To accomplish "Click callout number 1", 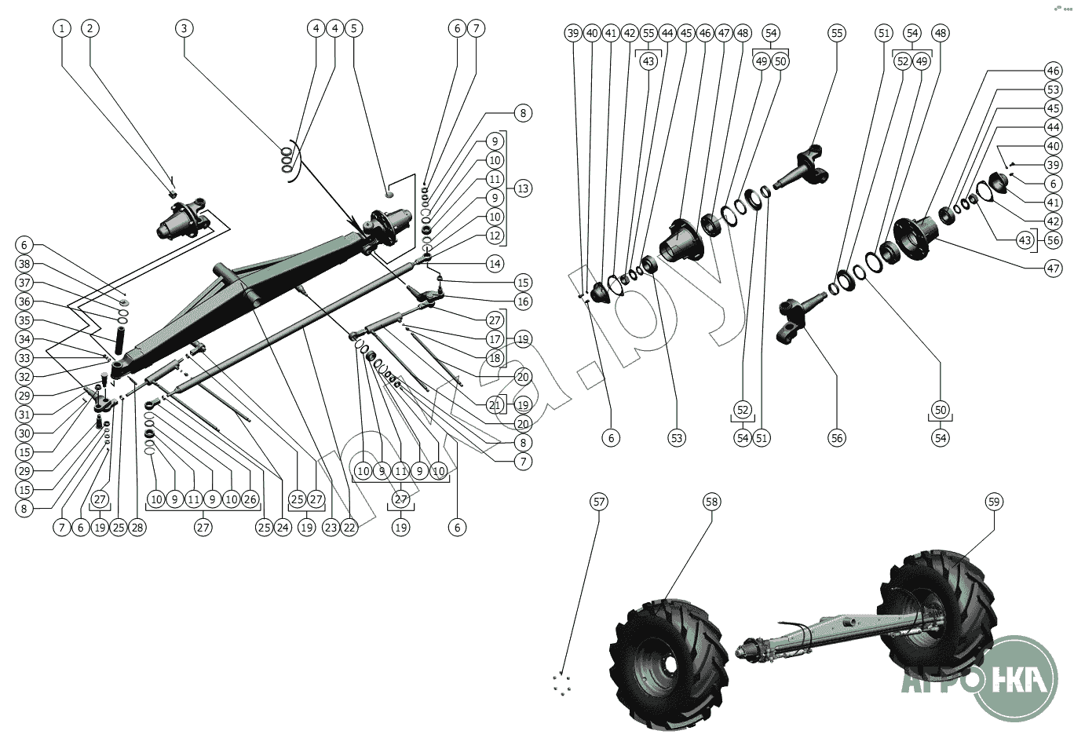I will click(x=62, y=28).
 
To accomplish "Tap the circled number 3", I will click(x=184, y=28).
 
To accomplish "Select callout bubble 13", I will click(x=523, y=188).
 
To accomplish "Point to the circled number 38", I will click(x=24, y=264).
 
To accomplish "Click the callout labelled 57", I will click(x=599, y=502).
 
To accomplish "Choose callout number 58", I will click(x=711, y=502).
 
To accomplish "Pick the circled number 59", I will click(x=994, y=502).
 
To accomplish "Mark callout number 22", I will click(x=349, y=528).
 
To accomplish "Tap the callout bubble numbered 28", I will click(x=137, y=528).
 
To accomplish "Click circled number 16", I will click(x=523, y=301).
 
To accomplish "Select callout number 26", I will click(x=250, y=499).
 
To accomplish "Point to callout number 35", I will click(x=24, y=320).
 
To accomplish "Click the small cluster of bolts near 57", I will click(x=561, y=683).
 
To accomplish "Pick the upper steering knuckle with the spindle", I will click(x=805, y=169).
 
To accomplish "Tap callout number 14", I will click(x=495, y=264).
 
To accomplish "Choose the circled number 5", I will click(x=354, y=28).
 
